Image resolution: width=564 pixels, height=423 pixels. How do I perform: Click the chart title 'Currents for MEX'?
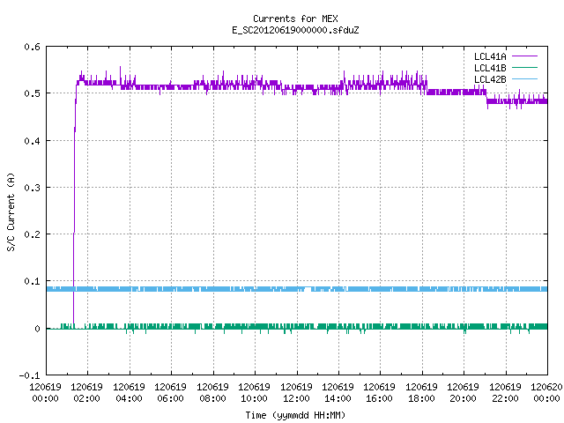tap(295, 19)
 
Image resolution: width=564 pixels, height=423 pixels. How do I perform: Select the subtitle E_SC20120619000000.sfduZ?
tap(295, 30)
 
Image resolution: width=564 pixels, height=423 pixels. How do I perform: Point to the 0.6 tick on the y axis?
tap(32, 47)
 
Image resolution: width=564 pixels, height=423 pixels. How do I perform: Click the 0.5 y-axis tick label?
tap(32, 93)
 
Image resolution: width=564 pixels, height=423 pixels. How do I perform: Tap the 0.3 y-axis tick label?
tap(32, 188)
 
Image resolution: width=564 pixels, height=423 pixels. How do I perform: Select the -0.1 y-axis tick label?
tap(29, 375)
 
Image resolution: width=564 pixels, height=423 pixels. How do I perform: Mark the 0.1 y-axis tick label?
tap(32, 281)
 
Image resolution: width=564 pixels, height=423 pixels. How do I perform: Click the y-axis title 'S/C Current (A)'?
tap(11, 212)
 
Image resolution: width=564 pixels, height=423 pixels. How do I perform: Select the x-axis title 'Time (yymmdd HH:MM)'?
tap(295, 415)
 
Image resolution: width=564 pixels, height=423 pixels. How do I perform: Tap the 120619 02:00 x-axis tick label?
tap(86, 392)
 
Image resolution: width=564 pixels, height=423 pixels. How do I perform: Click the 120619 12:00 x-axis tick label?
tap(296, 392)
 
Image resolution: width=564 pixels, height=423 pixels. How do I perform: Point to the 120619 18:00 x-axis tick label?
tap(421, 392)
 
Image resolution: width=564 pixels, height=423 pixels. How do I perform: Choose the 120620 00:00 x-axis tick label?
tap(546, 392)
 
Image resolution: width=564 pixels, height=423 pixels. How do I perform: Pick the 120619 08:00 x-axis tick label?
tap(212, 392)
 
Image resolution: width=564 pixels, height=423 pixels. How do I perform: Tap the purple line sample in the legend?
tap(525, 56)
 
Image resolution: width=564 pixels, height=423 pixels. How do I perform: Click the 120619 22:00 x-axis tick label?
tap(505, 392)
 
